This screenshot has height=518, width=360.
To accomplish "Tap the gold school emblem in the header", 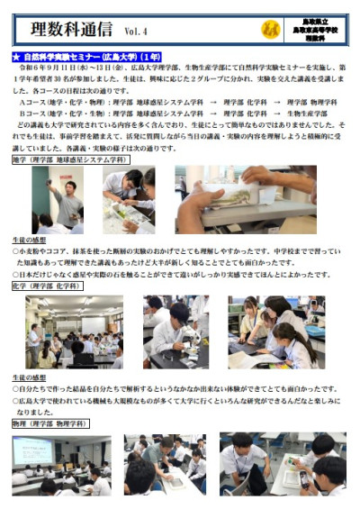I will coord(267,31).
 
